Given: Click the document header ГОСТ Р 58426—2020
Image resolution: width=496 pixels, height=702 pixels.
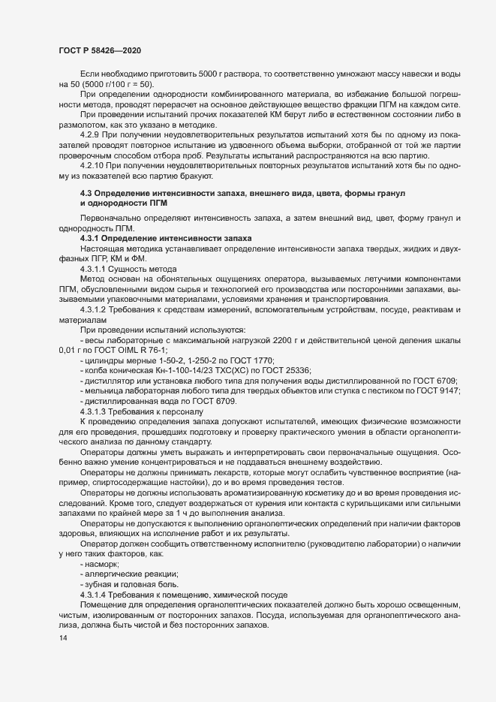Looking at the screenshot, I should click(98, 50).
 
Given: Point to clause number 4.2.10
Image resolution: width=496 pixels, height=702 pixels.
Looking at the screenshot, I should click(95, 164).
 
